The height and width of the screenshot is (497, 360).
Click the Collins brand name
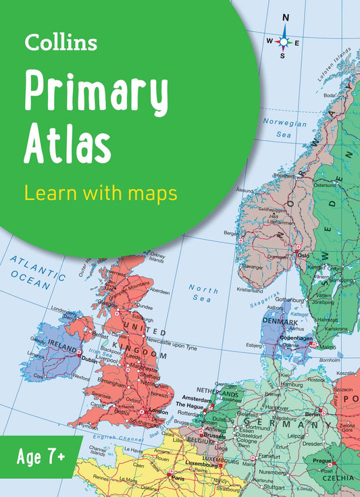(x=61, y=43)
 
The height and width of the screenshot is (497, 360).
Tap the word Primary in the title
(x=96, y=93)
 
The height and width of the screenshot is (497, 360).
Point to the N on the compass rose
(x=286, y=18)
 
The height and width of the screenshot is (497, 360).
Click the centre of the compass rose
(x=284, y=41)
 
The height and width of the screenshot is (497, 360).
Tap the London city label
(x=158, y=411)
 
